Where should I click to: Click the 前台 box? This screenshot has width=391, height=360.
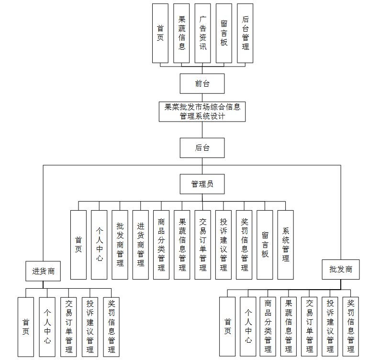point(202,83)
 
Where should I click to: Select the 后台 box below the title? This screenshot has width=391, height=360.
point(202,148)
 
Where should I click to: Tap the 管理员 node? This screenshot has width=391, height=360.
point(202,184)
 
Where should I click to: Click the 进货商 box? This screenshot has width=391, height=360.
point(44,271)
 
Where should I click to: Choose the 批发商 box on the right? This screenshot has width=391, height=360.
point(341,270)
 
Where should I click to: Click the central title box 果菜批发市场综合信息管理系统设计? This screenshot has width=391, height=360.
point(202,111)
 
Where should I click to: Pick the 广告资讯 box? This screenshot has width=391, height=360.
point(202,33)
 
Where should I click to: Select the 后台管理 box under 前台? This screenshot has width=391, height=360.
point(245,33)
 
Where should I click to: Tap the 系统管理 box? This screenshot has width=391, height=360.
point(286,245)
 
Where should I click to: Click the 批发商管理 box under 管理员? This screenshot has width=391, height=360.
point(120,245)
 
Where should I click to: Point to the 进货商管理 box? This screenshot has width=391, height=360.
point(141,245)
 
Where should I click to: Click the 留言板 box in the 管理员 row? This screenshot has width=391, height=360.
point(265,245)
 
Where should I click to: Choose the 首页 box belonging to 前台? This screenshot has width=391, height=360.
point(160,33)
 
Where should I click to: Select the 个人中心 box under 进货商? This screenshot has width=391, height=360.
point(47,326)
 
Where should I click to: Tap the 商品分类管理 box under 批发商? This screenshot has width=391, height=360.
point(268,326)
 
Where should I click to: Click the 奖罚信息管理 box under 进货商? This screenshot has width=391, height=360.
point(111,326)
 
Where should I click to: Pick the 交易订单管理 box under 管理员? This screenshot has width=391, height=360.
point(202,245)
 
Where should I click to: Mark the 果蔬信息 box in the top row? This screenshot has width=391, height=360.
point(181,33)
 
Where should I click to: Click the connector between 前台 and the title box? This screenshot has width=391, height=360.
point(202,97)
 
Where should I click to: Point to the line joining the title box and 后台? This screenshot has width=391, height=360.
point(202,130)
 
